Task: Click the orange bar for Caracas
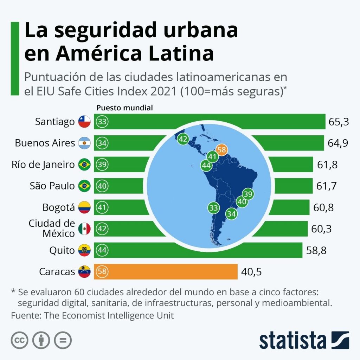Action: click(x=165, y=271)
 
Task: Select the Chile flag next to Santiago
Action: click(x=84, y=122)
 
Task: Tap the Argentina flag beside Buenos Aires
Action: click(x=84, y=143)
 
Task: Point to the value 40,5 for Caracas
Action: click(x=251, y=271)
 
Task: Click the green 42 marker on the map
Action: click(x=183, y=139)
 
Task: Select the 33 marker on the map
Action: click(x=213, y=207)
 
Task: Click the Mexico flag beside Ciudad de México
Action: click(x=84, y=229)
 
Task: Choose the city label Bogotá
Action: click(x=59, y=207)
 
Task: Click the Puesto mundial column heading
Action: click(x=125, y=108)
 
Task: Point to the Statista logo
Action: click(x=304, y=340)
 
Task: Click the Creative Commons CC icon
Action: click(x=20, y=340)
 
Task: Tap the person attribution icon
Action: click(x=41, y=340)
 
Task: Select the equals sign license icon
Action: click(x=63, y=340)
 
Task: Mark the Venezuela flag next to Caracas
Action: click(x=84, y=271)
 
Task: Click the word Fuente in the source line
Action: click(x=25, y=315)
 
